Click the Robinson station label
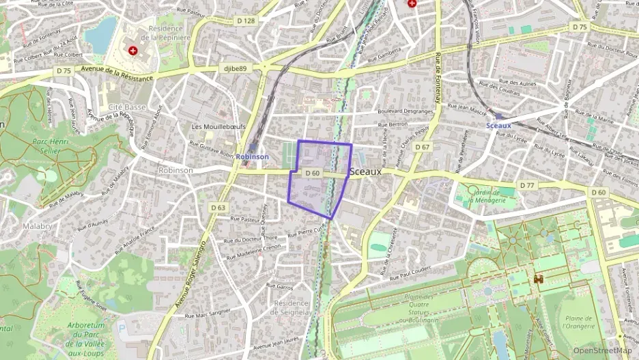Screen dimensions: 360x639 click(253, 156)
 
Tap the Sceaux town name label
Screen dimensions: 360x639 click(365, 172)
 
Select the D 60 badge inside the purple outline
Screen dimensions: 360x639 click(312, 174)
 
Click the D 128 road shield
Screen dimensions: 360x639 click(246, 20)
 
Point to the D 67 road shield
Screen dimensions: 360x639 click(423, 148)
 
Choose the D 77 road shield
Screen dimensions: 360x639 click(526, 185)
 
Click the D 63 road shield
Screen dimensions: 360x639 click(218, 207)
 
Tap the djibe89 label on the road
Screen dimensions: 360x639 click(234, 68)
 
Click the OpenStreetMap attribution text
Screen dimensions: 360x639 click(603, 350)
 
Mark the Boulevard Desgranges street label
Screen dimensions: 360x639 click(406, 111)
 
